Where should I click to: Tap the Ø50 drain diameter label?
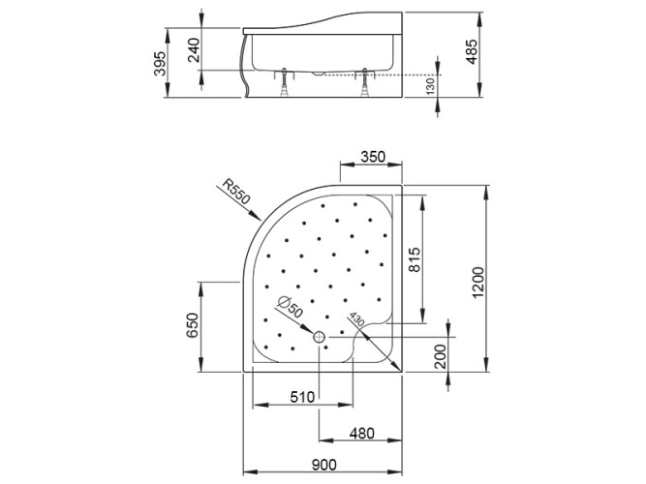click(288, 308)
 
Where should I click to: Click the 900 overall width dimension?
click(326, 466)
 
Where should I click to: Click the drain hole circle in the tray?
click(321, 337)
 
